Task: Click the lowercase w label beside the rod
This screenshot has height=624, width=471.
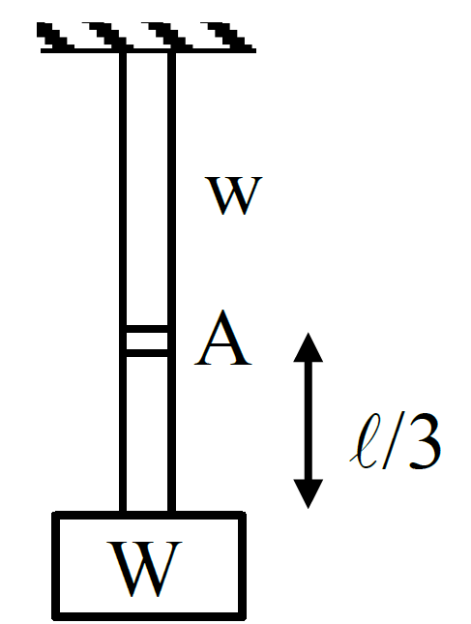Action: (233, 195)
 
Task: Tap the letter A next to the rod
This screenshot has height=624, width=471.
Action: (223, 339)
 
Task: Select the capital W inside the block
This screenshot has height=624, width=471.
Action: (144, 569)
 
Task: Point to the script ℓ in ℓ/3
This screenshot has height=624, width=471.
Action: (364, 441)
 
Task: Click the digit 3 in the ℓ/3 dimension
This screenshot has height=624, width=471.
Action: (425, 441)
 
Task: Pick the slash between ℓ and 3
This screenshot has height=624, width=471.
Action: (393, 441)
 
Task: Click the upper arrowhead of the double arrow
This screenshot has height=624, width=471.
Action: (308, 347)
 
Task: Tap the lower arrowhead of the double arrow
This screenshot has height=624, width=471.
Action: (308, 493)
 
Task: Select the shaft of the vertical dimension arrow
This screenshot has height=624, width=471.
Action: (308, 420)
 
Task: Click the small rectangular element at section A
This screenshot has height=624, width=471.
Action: (147, 342)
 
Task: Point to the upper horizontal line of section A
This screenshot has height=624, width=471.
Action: (147, 329)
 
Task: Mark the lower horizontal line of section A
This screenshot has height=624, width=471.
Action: (147, 353)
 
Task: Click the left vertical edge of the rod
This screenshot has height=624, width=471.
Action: (123, 282)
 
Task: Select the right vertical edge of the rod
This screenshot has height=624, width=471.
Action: (171, 282)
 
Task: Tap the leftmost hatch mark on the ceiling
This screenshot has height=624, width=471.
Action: (55, 36)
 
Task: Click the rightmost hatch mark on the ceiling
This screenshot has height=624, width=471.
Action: (228, 36)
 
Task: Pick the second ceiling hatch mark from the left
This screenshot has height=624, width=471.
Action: (108, 36)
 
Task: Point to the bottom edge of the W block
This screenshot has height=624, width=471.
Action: (149, 616)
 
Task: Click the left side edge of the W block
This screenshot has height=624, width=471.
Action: (56, 566)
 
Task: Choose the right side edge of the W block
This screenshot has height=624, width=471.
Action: (242, 566)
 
